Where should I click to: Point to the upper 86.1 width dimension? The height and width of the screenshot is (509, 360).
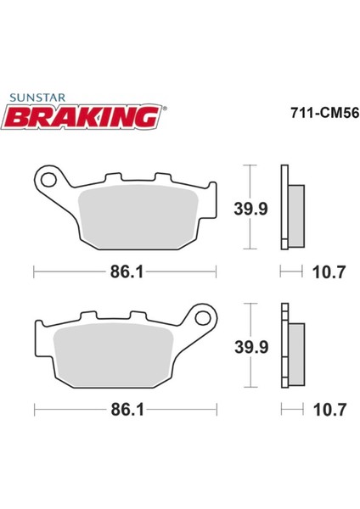click(x=125, y=273)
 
